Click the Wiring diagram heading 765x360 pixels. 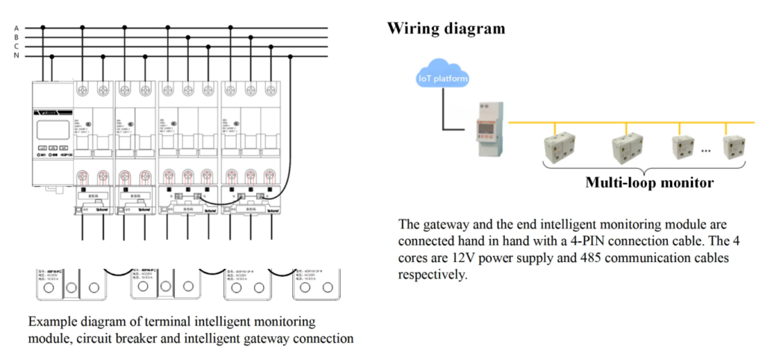click(x=446, y=29)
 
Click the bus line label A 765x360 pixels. click(x=16, y=28)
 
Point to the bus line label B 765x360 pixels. click(x=16, y=37)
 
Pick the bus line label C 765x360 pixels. click(x=16, y=46)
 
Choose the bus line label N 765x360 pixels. click(x=16, y=55)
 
